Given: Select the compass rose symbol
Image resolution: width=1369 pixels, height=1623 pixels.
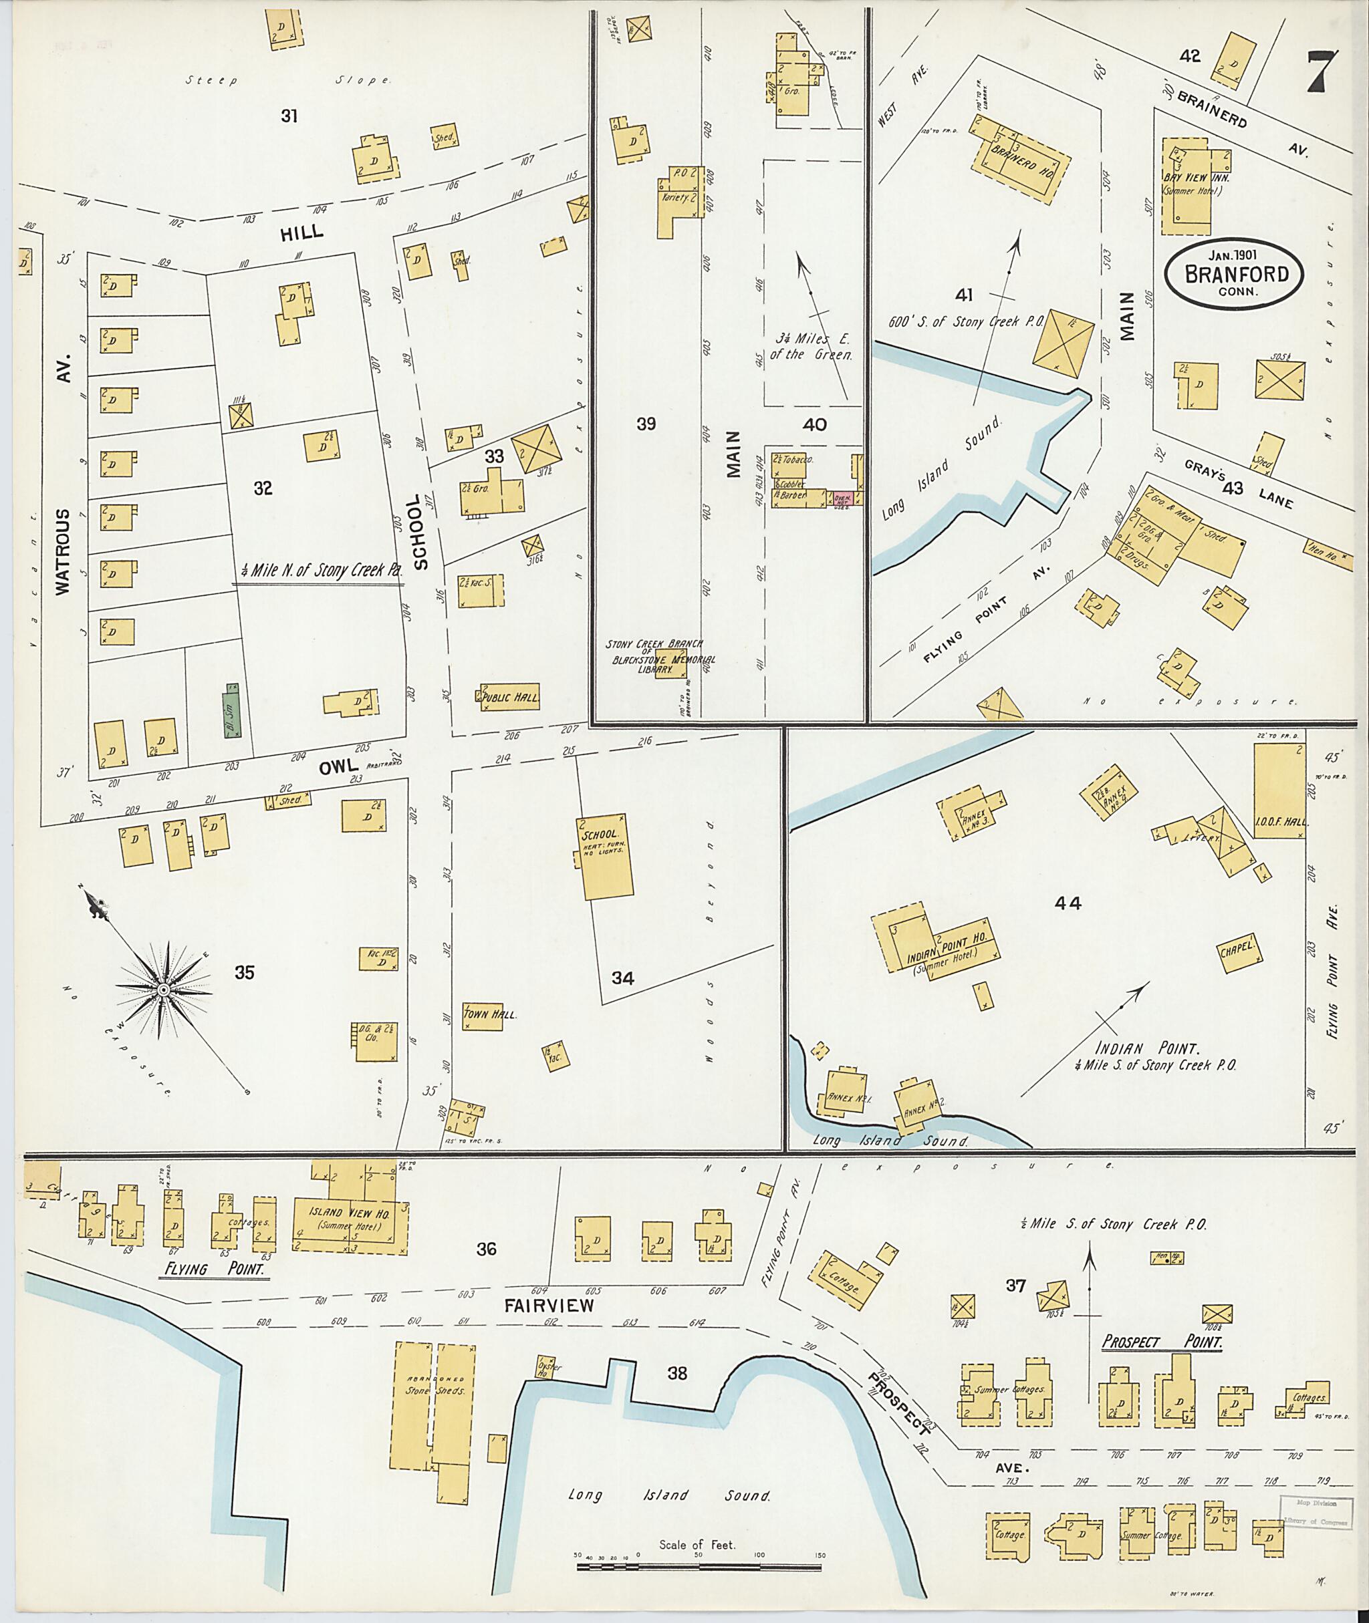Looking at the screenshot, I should pos(164,991).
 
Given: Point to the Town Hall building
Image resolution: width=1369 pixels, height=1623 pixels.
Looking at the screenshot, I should pos(482,1016).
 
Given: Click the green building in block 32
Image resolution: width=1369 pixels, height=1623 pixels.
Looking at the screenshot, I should pos(231,709).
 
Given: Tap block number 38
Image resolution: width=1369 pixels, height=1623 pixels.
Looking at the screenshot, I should pos(678,1373).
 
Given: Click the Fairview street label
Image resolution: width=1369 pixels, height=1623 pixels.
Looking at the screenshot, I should pos(549,1305).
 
